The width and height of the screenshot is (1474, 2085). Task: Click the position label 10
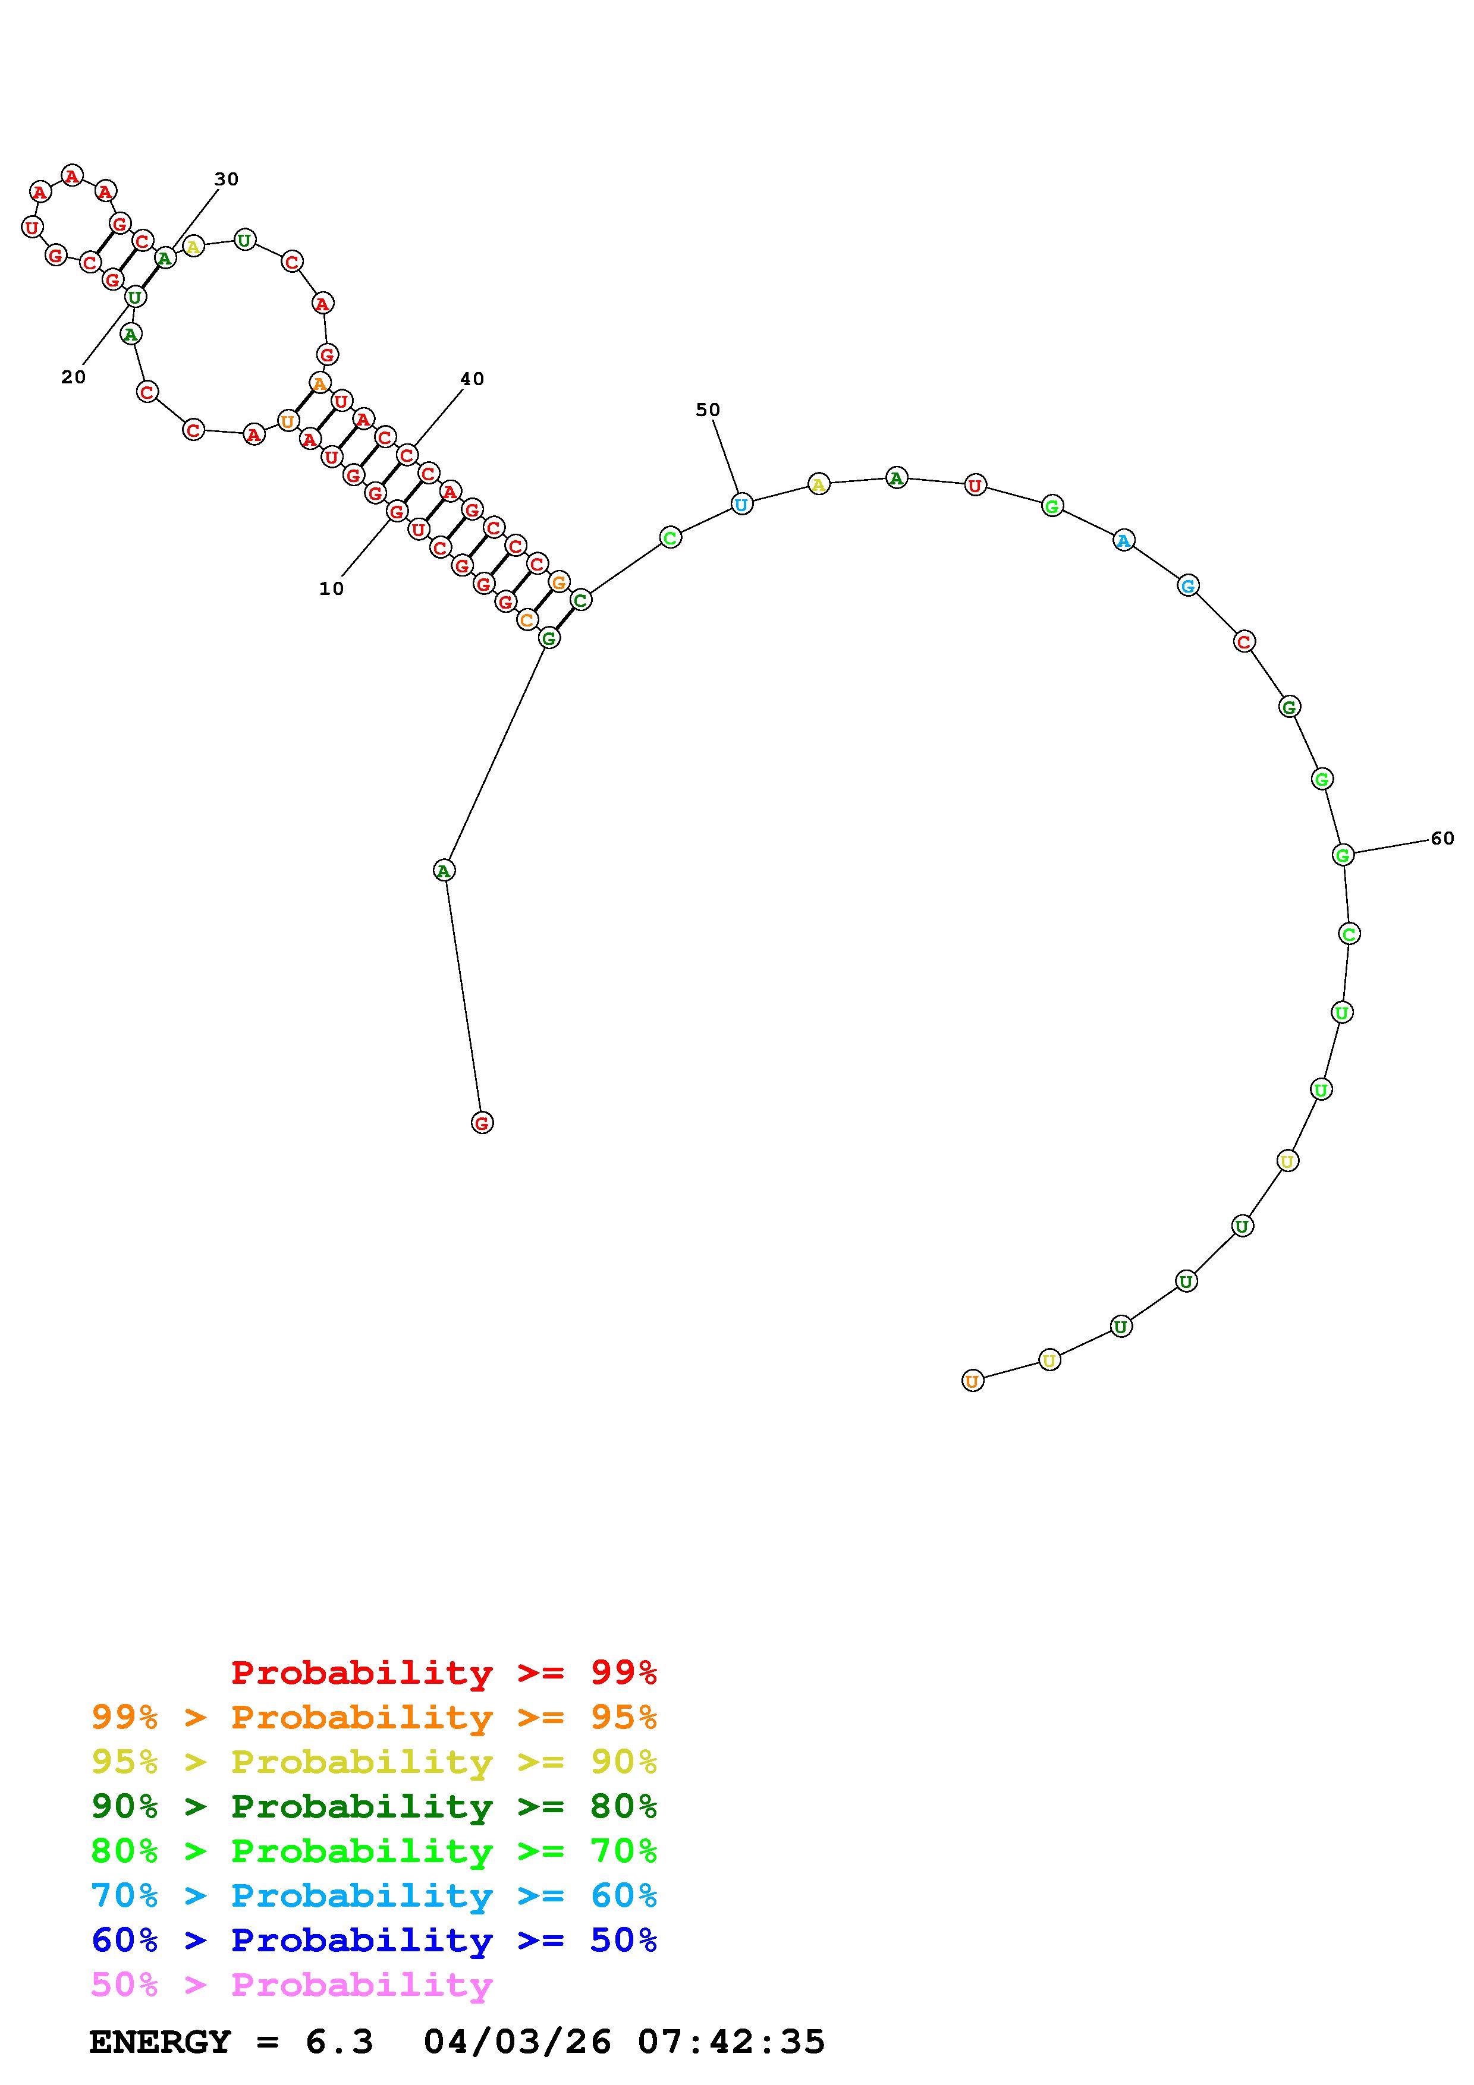pyautogui.click(x=332, y=588)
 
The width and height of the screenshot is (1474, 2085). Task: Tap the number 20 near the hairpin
pyautogui.click(x=74, y=377)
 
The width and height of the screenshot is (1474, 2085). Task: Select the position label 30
pyautogui.click(x=226, y=179)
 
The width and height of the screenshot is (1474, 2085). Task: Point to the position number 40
pyautogui.click(x=472, y=379)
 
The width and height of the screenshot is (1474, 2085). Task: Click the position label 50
pyautogui.click(x=708, y=410)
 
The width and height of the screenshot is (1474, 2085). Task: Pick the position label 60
pyautogui.click(x=1442, y=838)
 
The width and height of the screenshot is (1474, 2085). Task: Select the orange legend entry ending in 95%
pyautogui.click(x=374, y=1716)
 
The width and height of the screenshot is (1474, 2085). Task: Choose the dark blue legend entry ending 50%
pyautogui.click(x=374, y=1940)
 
